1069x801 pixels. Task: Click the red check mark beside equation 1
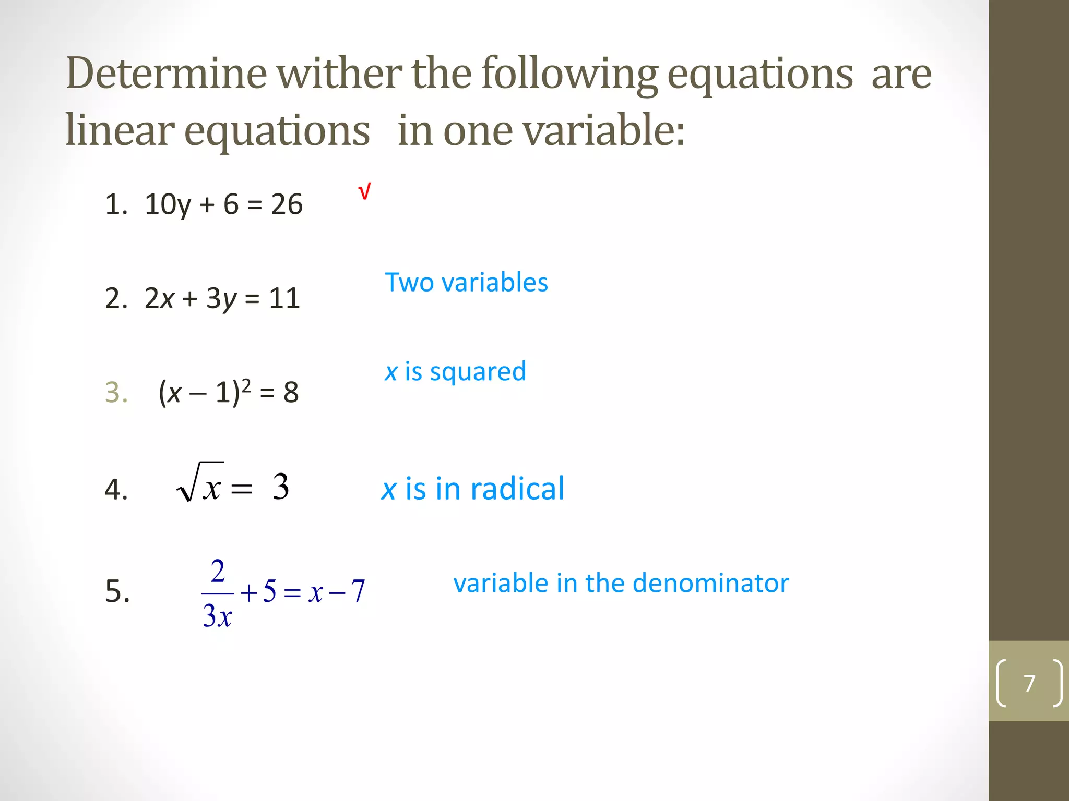pos(364,192)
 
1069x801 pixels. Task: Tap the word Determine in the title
pos(166,74)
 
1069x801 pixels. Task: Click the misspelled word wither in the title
pos(339,74)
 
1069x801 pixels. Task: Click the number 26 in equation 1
pos(287,204)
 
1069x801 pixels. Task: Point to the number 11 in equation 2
pos(284,299)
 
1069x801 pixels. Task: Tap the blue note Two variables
pos(466,283)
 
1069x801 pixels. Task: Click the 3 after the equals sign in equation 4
pos(280,487)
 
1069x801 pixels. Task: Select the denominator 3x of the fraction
pos(217,616)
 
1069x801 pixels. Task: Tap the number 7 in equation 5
pos(358,591)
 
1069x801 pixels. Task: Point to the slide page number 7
pos(1029,683)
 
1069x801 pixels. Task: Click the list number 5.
pos(117,591)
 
